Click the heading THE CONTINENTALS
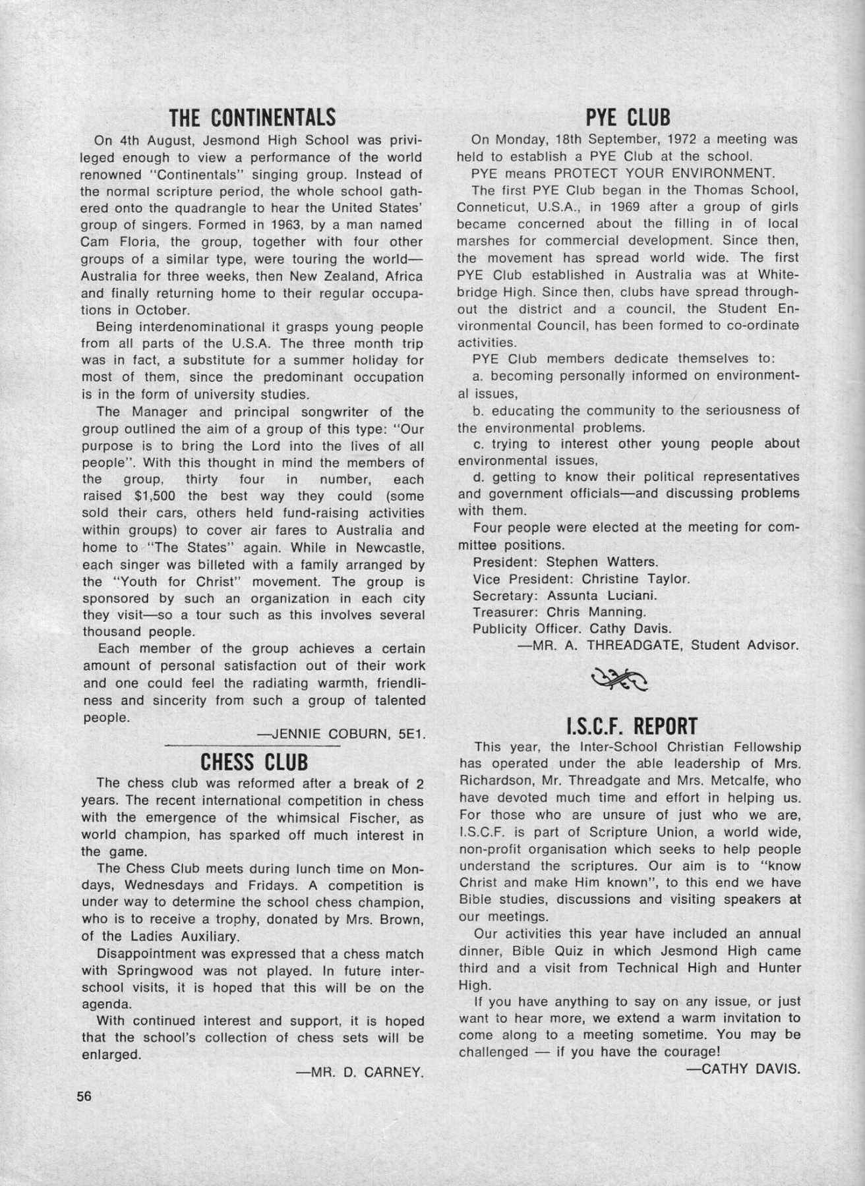[253, 117]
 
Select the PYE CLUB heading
[628, 117]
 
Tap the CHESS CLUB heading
[254, 762]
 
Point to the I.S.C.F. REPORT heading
[631, 726]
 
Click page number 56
[84, 1096]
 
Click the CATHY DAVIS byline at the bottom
[743, 1069]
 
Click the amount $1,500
[145, 496]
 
